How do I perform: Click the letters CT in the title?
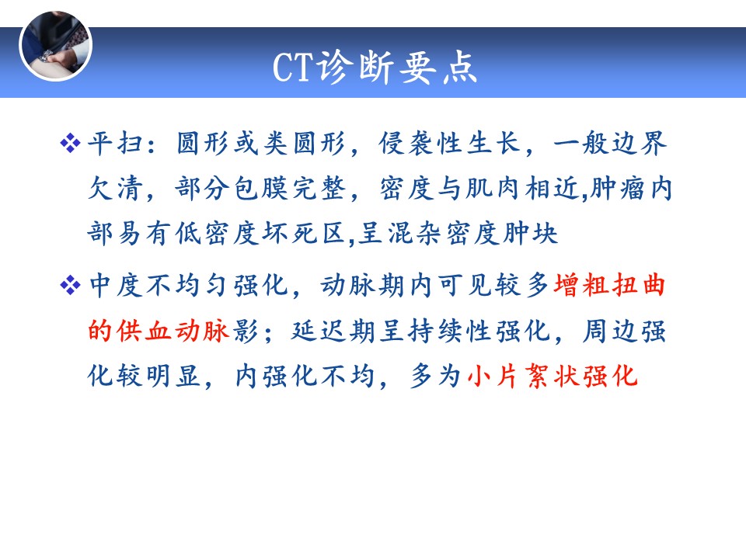tap(294, 67)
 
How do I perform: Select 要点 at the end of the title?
tap(437, 67)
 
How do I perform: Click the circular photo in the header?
tap(56, 46)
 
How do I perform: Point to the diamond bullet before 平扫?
tap(71, 144)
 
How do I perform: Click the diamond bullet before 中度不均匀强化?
tap(71, 285)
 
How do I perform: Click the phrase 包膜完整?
tap(290, 188)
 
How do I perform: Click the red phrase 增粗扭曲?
tap(609, 285)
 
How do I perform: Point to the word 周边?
tap(610, 331)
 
